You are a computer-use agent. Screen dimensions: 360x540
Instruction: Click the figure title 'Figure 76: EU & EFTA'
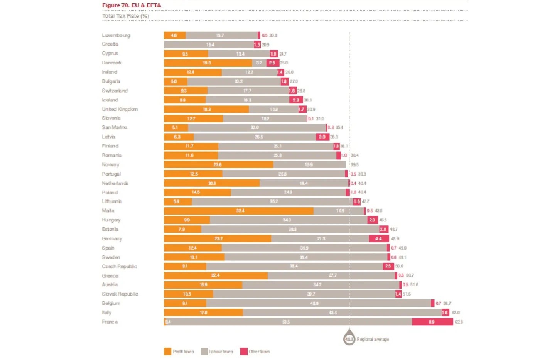(132, 5)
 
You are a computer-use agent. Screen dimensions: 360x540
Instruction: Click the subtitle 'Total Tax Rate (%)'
(125, 16)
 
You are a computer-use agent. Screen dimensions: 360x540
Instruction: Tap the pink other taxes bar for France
(432, 322)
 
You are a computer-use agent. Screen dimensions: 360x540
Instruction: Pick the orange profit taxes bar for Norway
(218, 165)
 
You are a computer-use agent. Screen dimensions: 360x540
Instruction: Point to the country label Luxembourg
(116, 35)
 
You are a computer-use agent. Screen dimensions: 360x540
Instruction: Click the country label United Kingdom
(120, 109)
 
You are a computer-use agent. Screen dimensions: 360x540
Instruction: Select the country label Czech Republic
(119, 267)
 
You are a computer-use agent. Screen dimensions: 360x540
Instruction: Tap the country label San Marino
(114, 127)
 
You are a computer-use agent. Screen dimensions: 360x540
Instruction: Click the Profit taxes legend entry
(179, 352)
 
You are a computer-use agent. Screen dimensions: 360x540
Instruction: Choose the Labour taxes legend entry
(217, 352)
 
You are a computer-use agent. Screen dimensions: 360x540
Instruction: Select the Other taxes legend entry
(255, 352)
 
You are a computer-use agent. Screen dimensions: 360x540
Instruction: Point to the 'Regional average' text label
(373, 340)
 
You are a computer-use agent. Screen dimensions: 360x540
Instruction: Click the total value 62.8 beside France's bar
(459, 322)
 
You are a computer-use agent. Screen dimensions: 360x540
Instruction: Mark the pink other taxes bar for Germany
(379, 238)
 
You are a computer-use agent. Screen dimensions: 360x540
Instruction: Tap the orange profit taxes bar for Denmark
(208, 63)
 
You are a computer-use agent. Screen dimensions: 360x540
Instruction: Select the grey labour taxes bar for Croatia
(209, 45)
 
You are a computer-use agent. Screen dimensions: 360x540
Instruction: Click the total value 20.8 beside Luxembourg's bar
(273, 35)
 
